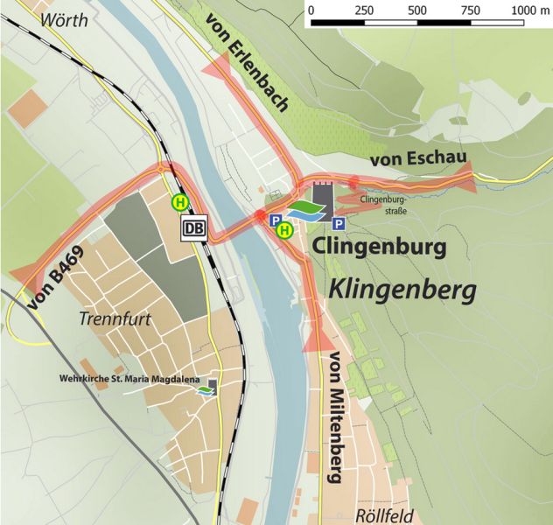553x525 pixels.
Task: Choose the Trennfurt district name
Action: pos(115,319)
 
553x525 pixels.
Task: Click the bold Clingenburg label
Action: pos(379,247)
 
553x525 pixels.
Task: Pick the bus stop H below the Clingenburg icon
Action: pos(284,231)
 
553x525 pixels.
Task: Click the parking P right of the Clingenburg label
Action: pos(339,224)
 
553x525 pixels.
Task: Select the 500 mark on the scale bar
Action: pos(417,11)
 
